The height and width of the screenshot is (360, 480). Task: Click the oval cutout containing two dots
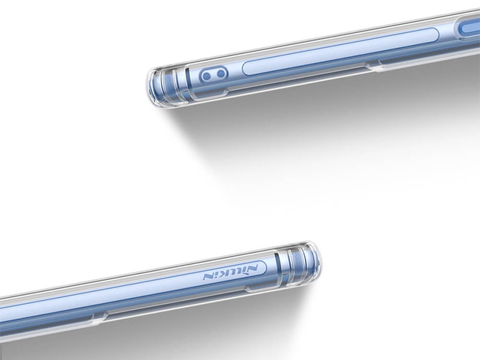pyautogui.click(x=214, y=75)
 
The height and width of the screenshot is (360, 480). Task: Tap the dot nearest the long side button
pyautogui.click(x=221, y=73)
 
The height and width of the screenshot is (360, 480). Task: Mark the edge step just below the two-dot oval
pyautogui.click(x=227, y=91)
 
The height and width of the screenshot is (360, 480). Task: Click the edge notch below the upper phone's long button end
pyautogui.click(x=373, y=65)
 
